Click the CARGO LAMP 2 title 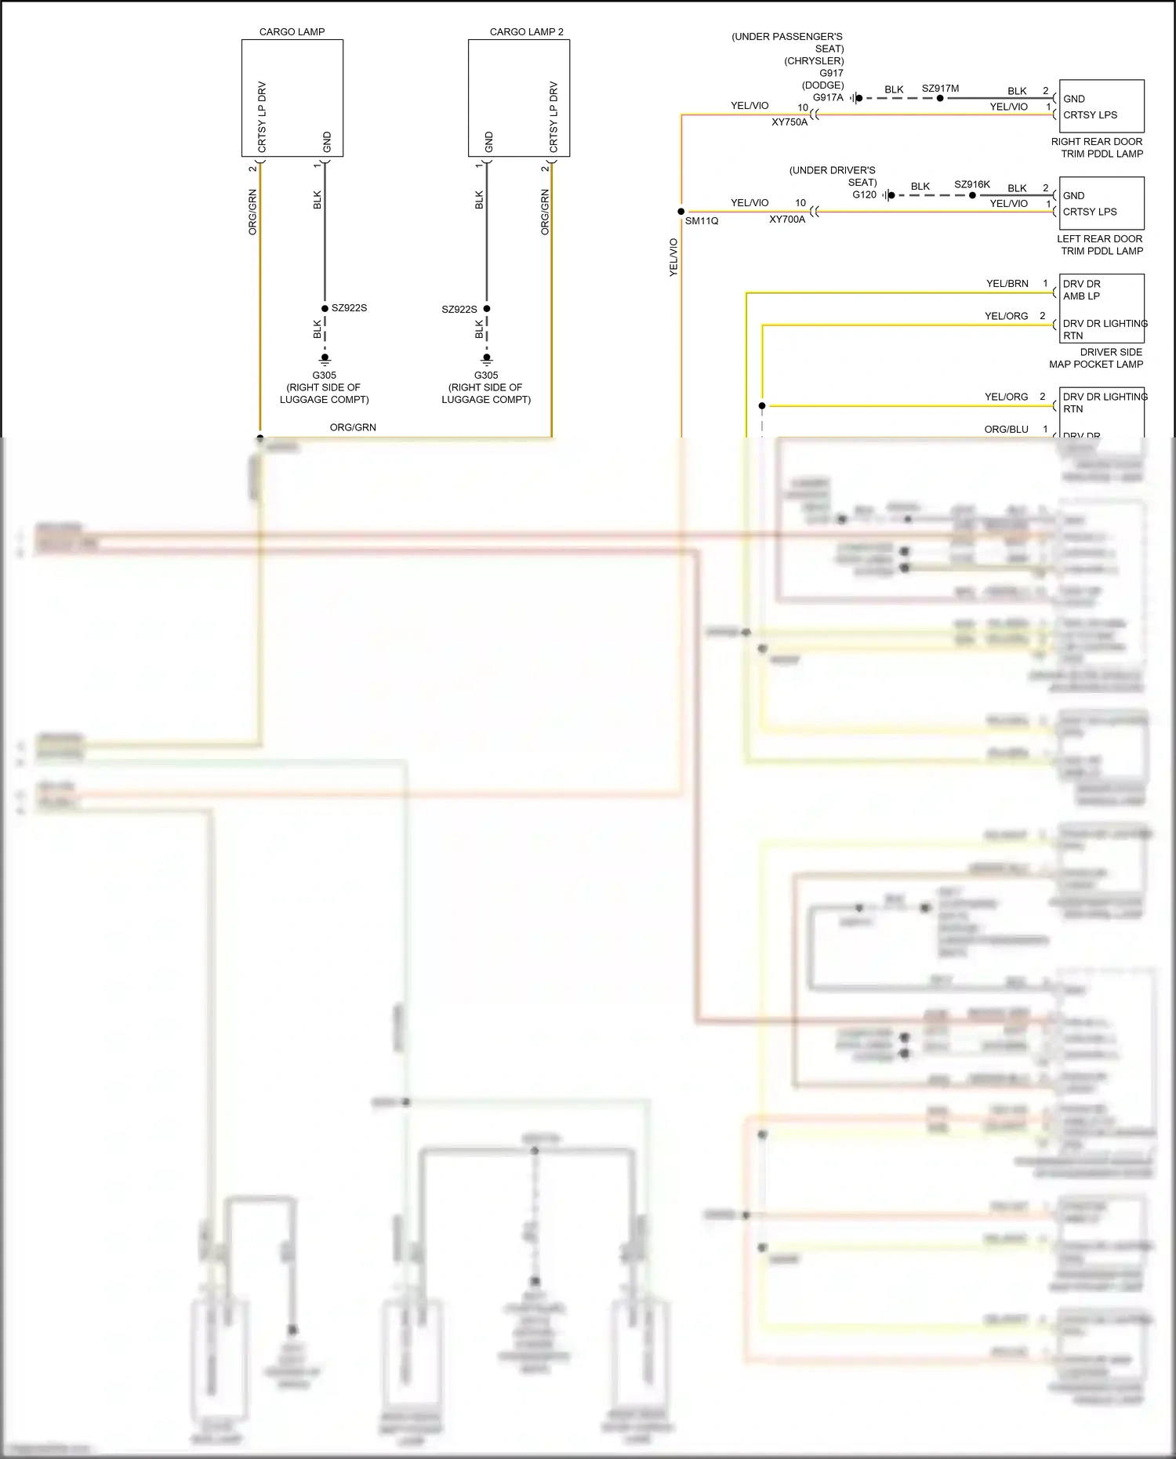click(526, 32)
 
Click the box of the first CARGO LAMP click(292, 98)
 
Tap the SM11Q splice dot click(681, 212)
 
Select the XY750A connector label click(789, 122)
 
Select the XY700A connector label click(786, 220)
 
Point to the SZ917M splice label click(940, 89)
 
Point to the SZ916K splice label click(971, 185)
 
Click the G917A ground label click(828, 98)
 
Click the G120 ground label click(864, 194)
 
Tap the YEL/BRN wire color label click(1007, 284)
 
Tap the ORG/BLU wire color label click(1006, 430)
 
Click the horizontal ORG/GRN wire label click(353, 427)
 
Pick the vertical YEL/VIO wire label click(673, 257)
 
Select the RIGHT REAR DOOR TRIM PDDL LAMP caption click(1096, 147)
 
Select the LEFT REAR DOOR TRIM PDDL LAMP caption click(1099, 245)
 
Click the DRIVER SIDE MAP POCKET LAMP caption click(1096, 358)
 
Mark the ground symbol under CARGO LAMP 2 click(486, 359)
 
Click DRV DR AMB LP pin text click(1082, 290)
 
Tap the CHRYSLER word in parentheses click(814, 61)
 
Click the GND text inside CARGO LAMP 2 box click(489, 142)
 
